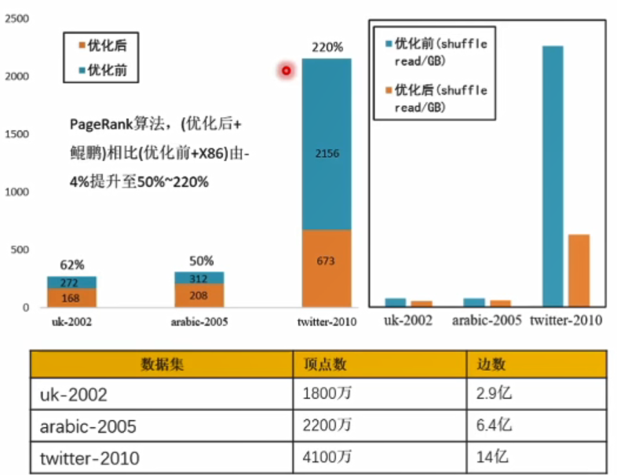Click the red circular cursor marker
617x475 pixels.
pos(286,71)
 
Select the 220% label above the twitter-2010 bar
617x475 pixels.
pos(327,47)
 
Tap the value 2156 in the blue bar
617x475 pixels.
pos(327,153)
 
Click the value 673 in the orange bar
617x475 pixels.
pos(327,261)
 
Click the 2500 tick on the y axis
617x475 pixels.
pos(16,18)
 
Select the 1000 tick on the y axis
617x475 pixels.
pos(16,192)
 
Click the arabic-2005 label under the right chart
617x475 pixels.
pos(486,320)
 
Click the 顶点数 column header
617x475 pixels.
pos(324,364)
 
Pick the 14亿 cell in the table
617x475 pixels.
pos(494,457)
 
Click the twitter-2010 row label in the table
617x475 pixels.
pos(89,458)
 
